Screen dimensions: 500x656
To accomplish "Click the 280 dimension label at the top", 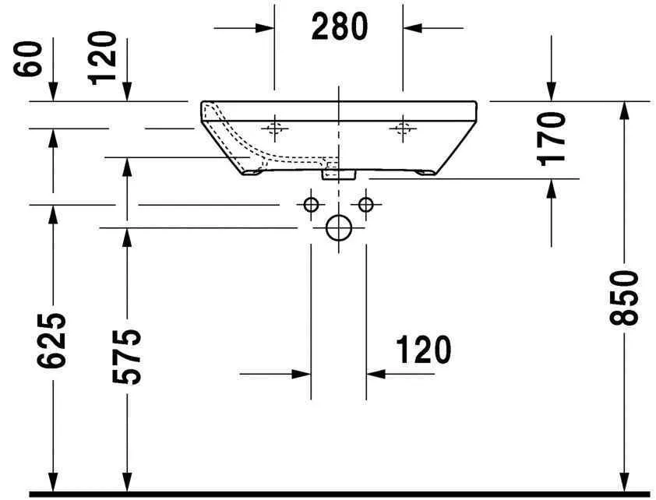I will click(x=339, y=27).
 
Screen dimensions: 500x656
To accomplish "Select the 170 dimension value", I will click(x=552, y=139).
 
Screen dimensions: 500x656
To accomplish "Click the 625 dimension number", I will click(x=52, y=340).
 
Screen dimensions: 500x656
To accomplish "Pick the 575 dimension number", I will click(x=127, y=356).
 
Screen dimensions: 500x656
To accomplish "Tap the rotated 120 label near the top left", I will click(x=103, y=58).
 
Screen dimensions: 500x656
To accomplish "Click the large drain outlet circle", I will click(x=339, y=228).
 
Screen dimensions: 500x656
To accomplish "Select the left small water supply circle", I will click(x=311, y=205).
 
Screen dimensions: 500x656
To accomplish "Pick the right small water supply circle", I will click(x=365, y=205).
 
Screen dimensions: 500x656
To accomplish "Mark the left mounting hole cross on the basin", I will click(x=274, y=126).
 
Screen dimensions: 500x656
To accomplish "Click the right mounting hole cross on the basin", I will click(x=403, y=126).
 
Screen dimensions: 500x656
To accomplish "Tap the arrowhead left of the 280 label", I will click(x=265, y=27).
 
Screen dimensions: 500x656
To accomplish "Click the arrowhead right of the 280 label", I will click(x=412, y=27).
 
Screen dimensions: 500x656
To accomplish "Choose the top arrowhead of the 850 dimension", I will click(x=624, y=111).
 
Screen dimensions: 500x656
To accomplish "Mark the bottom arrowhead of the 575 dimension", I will click(x=127, y=483).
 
